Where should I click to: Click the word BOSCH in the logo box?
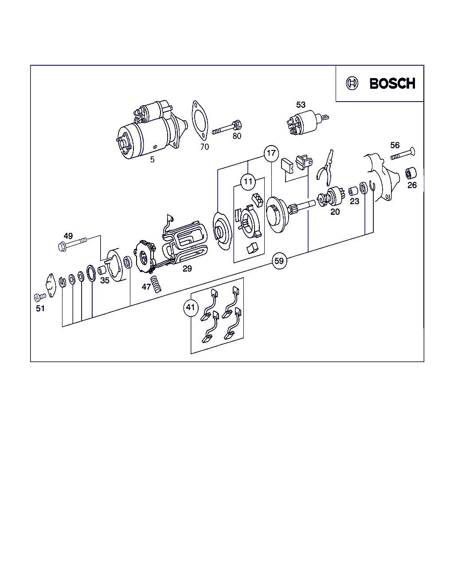[392, 83]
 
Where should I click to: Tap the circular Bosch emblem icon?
[352, 83]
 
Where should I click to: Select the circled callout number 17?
[271, 153]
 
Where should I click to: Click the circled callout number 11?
[248, 182]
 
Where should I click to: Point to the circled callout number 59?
[279, 261]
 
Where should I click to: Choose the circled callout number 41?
[191, 308]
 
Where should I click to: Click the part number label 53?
[301, 105]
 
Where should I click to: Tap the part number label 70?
[204, 147]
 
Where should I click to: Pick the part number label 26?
[412, 185]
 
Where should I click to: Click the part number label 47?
[146, 287]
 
